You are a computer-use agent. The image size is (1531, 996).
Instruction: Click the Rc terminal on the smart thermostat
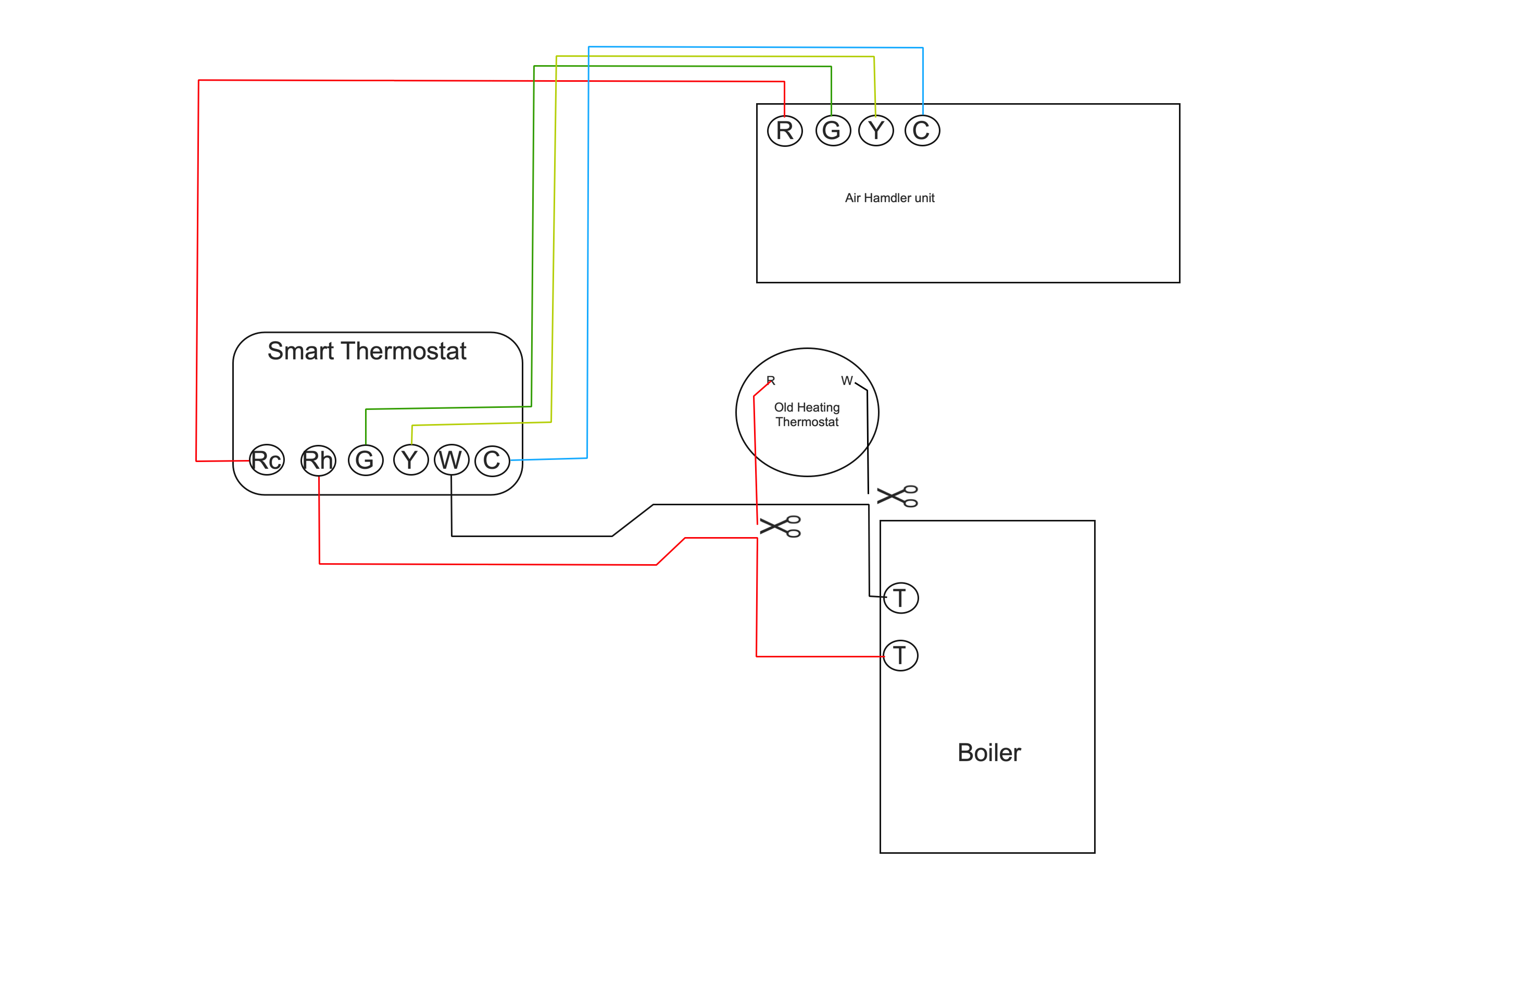tap(266, 460)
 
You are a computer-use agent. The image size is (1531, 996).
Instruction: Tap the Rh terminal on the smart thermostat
tap(318, 460)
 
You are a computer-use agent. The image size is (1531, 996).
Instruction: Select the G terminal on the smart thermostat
tap(366, 460)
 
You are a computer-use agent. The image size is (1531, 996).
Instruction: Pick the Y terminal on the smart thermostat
tap(411, 460)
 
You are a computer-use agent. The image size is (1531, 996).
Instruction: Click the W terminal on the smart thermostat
tap(451, 460)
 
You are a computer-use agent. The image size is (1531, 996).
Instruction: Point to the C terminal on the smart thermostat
tap(492, 460)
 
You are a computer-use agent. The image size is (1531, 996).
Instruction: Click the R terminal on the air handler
tap(785, 131)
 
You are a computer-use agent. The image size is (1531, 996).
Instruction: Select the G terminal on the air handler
tap(833, 131)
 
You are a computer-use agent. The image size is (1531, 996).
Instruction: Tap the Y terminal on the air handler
tap(876, 131)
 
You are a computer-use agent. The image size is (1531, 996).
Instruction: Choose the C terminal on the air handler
tap(922, 131)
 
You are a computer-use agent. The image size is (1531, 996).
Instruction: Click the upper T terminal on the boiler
tap(900, 597)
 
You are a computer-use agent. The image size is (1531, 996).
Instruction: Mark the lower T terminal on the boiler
tap(900, 656)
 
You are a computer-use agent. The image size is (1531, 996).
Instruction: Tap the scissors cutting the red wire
tap(780, 526)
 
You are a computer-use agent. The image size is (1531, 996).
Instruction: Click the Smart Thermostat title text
tap(367, 351)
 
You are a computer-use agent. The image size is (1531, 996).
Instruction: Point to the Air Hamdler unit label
tap(889, 198)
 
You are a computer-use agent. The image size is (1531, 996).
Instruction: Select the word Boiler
tap(989, 753)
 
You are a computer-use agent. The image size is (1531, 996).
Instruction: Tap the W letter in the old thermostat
tap(847, 381)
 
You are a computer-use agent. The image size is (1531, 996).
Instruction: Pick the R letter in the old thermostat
tap(771, 381)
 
